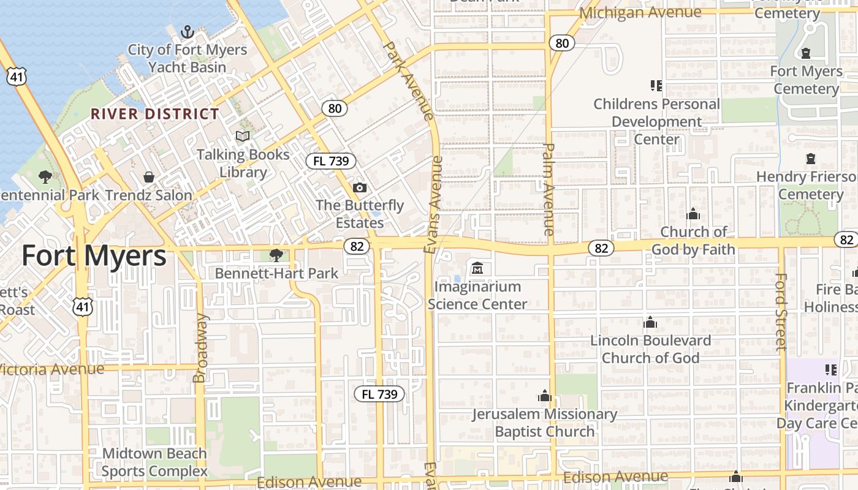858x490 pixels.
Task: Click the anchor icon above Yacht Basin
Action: point(188,32)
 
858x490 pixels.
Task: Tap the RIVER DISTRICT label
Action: point(155,114)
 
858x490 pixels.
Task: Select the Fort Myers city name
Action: point(94,255)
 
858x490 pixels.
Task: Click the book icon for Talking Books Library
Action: point(243,136)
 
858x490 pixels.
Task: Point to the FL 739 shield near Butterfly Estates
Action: point(331,161)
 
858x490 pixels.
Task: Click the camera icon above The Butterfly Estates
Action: point(360,187)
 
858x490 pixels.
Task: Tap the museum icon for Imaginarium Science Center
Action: point(477,268)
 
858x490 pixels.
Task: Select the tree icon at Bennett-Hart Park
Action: point(276,255)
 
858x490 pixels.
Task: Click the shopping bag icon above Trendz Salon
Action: point(148,177)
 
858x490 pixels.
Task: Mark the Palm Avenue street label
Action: point(549,189)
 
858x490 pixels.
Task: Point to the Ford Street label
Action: point(780,312)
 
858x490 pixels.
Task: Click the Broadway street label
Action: point(200,349)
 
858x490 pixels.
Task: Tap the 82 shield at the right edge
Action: point(847,239)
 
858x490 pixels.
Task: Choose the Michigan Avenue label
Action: point(640,12)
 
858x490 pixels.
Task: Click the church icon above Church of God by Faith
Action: point(693,214)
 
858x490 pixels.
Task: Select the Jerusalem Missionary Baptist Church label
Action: point(544,423)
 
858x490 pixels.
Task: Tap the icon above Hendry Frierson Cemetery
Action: point(811,159)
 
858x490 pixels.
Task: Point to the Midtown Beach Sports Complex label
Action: point(154,462)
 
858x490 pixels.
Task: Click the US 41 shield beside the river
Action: point(17,76)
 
